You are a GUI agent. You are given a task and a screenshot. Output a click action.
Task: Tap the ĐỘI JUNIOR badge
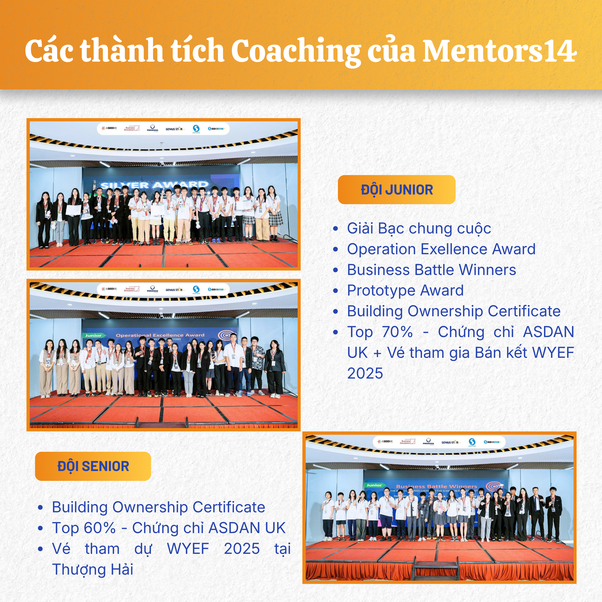point(396,190)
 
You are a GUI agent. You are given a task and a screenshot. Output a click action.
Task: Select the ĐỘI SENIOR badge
point(93,466)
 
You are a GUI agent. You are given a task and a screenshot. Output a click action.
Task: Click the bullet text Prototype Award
point(405,290)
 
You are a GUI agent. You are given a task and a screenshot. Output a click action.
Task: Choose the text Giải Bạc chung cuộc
point(419,228)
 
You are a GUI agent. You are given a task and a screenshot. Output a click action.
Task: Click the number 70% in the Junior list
point(397,332)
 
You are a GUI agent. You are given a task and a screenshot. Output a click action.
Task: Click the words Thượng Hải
point(92,569)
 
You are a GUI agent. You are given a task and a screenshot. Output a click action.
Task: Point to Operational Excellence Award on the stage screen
point(160,335)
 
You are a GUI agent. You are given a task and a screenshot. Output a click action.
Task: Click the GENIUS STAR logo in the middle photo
point(174,290)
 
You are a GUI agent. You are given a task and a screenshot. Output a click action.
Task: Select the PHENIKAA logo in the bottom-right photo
point(428,442)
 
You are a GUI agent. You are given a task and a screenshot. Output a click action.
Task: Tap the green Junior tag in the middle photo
point(94,336)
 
